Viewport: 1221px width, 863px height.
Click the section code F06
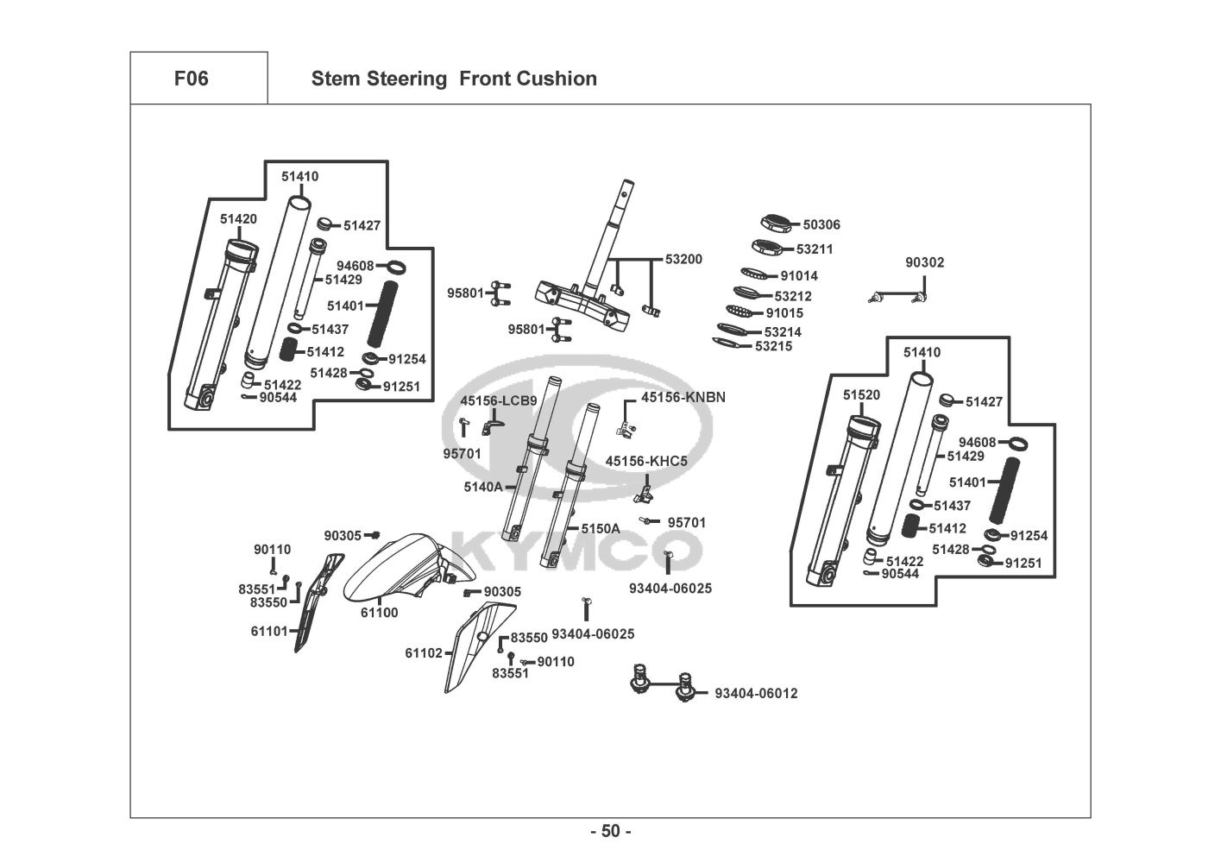(191, 79)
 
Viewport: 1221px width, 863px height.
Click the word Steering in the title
(407, 79)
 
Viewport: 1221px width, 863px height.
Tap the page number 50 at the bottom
(610, 832)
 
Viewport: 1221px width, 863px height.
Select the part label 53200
(683, 260)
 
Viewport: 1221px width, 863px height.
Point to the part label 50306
(821, 225)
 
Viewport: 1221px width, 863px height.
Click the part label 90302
(924, 263)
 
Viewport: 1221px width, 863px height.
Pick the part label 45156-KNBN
(683, 398)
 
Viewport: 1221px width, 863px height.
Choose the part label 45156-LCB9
(499, 401)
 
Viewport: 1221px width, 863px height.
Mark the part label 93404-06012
(756, 694)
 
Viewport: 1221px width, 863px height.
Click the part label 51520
(861, 395)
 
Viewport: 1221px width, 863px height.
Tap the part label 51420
(238, 219)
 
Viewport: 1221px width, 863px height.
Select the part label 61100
(379, 614)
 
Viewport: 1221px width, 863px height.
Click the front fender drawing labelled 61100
(393, 570)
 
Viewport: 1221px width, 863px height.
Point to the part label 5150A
(601, 529)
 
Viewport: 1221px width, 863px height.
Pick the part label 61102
(425, 653)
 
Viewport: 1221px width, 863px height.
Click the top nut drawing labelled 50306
(777, 223)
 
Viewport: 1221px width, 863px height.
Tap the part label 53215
(773, 347)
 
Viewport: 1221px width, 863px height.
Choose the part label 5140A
(482, 488)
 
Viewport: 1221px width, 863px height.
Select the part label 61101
(269, 632)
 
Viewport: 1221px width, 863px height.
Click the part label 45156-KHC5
(646, 462)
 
